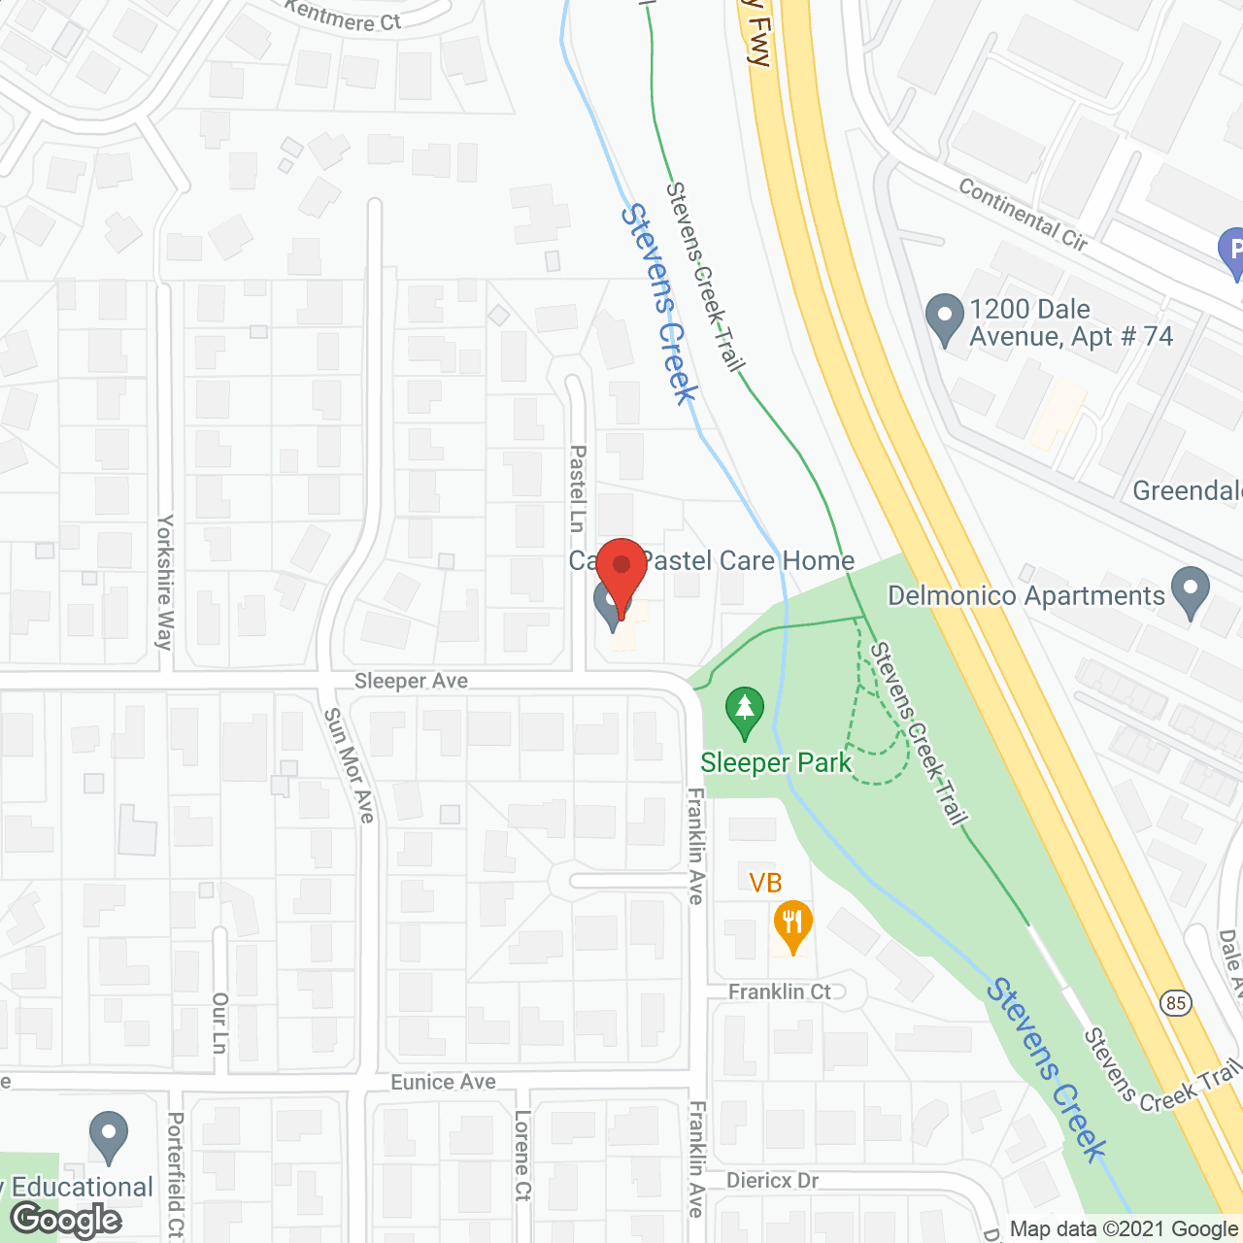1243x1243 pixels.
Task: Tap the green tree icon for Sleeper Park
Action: (745, 713)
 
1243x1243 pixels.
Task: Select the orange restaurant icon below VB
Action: (792, 926)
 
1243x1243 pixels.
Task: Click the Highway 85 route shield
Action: (1176, 1002)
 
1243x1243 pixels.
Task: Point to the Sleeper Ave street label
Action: (411, 681)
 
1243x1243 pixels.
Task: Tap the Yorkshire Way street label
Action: (165, 582)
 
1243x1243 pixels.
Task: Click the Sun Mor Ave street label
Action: (349, 764)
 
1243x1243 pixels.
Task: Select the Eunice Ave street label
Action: (443, 1082)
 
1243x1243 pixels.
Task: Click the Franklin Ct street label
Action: (780, 991)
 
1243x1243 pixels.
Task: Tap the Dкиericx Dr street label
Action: (772, 1180)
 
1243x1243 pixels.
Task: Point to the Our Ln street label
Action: (219, 1022)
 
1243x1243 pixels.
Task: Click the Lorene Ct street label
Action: (522, 1156)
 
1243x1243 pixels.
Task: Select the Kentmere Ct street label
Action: (343, 16)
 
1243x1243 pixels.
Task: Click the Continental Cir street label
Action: (1023, 215)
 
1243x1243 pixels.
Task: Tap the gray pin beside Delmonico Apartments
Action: (1190, 592)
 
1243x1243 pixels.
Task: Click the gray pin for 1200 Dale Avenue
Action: (944, 319)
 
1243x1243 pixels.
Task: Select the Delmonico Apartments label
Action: (1026, 595)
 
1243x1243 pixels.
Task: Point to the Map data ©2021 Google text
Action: (1124, 1229)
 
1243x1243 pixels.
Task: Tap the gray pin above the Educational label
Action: (108, 1136)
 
